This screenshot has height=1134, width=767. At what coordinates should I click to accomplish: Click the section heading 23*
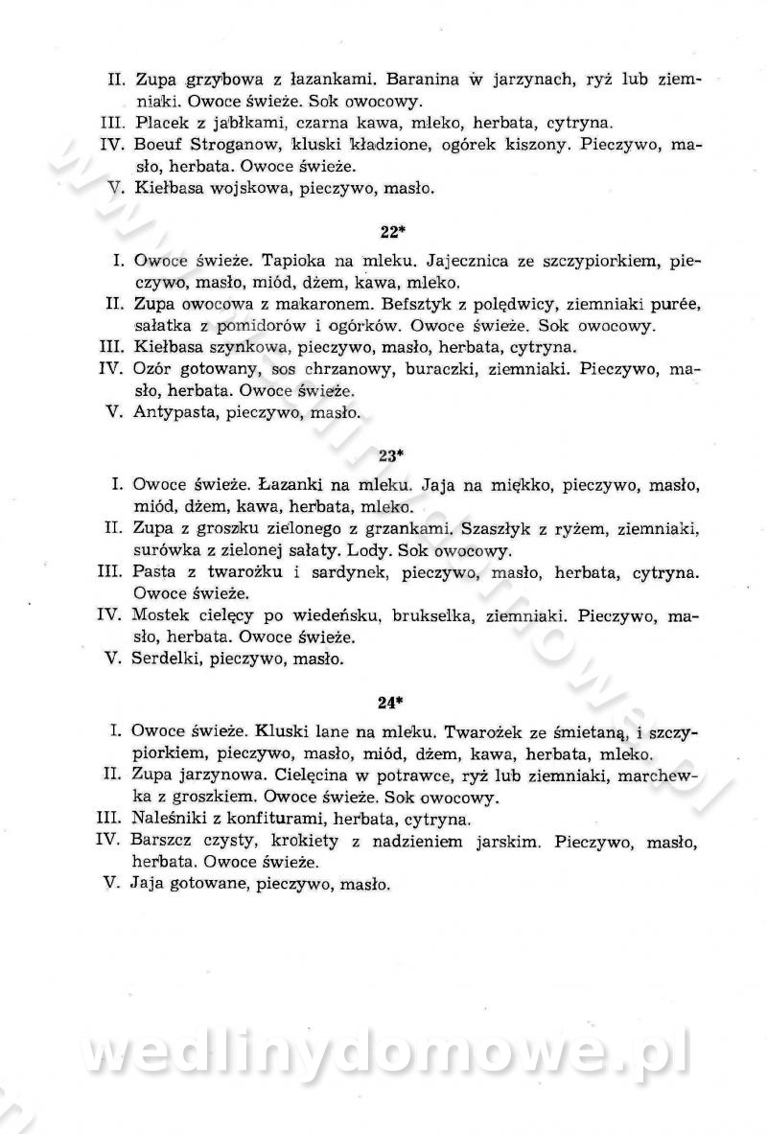tap(388, 455)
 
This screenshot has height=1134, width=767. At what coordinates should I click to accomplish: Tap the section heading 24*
tap(388, 702)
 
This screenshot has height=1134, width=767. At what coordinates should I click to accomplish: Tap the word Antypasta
tap(174, 413)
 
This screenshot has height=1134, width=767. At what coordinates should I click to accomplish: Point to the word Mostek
tap(161, 615)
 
